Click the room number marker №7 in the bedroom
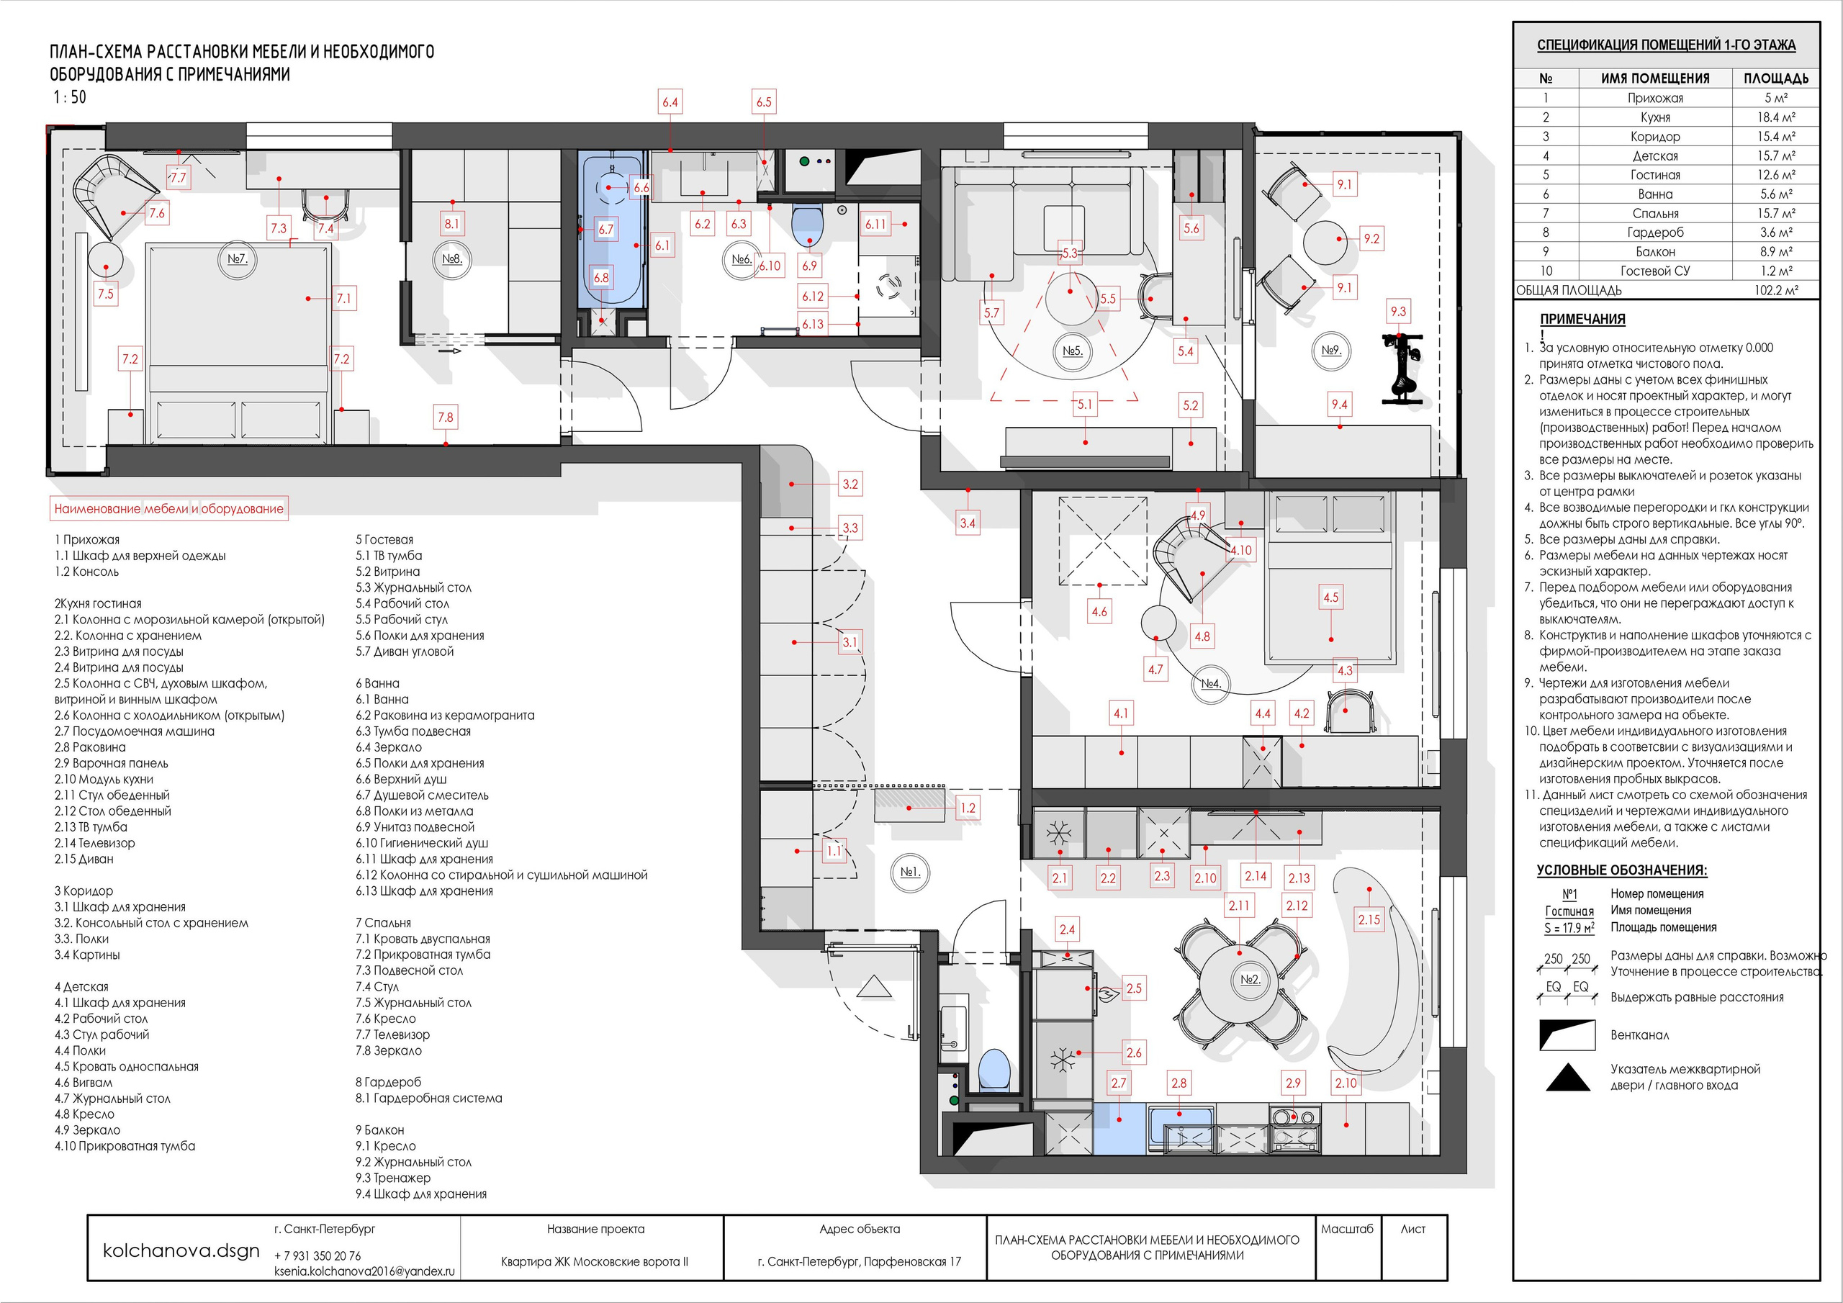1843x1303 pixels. coord(237,259)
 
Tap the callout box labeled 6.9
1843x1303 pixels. coord(809,265)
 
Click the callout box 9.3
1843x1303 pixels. coord(1398,312)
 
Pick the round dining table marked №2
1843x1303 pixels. coord(1240,981)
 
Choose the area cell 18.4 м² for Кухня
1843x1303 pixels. coord(1775,117)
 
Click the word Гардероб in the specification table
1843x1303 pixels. coord(1655,233)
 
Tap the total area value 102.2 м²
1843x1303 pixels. coord(1775,291)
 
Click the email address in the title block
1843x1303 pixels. coord(364,1272)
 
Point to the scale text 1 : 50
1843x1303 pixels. coord(70,97)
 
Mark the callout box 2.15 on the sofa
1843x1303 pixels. coord(1369,920)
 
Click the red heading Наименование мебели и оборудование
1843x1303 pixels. coord(168,508)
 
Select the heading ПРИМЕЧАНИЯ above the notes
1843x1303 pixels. coord(1582,319)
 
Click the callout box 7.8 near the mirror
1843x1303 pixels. coord(445,418)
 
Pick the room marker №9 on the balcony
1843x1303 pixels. coord(1331,351)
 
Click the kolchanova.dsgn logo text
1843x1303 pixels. coord(181,1251)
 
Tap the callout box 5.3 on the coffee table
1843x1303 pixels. coord(1069,253)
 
